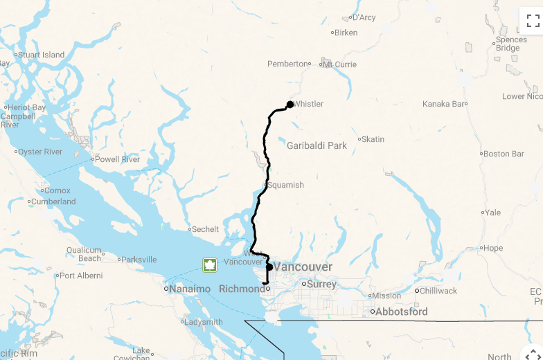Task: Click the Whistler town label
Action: tap(308, 104)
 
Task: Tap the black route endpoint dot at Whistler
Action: tap(290, 105)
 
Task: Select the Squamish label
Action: tap(286, 185)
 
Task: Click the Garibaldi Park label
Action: tap(317, 145)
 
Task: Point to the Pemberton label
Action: tap(287, 64)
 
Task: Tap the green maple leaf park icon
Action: tap(209, 264)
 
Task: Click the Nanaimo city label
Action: tap(189, 289)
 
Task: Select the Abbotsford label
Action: tap(401, 312)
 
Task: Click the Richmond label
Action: tap(242, 289)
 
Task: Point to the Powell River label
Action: tap(117, 159)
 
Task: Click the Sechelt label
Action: tap(205, 229)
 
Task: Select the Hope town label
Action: tap(493, 248)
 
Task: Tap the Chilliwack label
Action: tap(438, 291)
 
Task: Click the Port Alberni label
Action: tap(81, 276)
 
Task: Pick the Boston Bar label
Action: tap(504, 154)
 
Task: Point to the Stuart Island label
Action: tap(41, 55)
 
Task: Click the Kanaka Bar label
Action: tap(444, 104)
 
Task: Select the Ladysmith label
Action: tap(204, 322)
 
